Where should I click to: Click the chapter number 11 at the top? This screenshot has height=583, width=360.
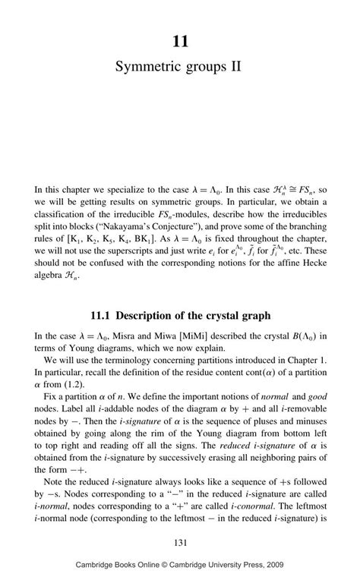coord(179,42)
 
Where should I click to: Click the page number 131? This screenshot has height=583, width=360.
coord(180,541)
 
